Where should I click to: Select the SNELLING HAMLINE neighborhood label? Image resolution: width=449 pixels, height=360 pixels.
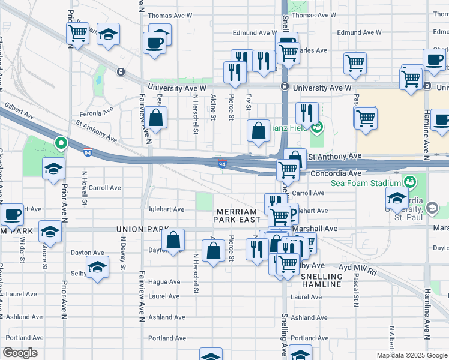pos(321,280)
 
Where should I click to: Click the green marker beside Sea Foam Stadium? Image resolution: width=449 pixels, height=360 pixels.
pos(411,181)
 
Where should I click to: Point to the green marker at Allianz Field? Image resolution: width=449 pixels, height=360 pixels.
pos(317,127)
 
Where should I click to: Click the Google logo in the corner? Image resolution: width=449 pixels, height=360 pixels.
pos(20,353)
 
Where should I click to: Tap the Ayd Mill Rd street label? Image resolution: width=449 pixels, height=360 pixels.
pos(357,271)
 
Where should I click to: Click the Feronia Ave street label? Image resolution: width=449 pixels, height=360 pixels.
pos(99,112)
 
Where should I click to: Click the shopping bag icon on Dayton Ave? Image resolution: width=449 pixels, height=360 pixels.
pos(173,240)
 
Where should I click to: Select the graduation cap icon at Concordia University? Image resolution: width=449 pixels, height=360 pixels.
pos(397,197)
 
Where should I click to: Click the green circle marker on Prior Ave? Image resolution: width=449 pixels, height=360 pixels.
pos(61,143)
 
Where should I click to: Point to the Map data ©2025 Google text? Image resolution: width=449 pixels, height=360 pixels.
pos(412,355)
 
